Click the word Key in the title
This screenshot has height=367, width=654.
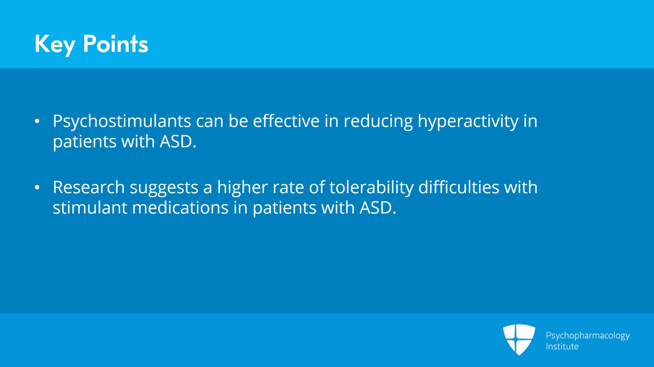(x=55, y=44)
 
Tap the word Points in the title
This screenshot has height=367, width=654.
(x=116, y=44)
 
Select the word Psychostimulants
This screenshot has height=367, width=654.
(x=122, y=122)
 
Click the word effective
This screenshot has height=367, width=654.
(x=286, y=121)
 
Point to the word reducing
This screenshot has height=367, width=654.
(x=378, y=122)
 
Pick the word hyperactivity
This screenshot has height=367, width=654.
(x=468, y=122)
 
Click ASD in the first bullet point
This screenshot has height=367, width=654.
(x=178, y=142)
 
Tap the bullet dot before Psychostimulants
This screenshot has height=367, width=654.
(x=37, y=121)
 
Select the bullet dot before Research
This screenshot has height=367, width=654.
(x=37, y=187)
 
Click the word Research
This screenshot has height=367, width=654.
(x=89, y=187)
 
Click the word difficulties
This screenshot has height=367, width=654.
(x=459, y=187)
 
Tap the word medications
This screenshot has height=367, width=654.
(x=180, y=208)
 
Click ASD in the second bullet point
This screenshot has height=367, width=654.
(x=378, y=208)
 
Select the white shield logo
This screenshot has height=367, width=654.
(x=519, y=340)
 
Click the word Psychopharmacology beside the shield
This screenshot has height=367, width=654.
(x=588, y=336)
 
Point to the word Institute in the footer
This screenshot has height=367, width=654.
(x=562, y=346)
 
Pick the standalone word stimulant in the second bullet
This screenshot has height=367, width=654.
(x=90, y=208)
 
